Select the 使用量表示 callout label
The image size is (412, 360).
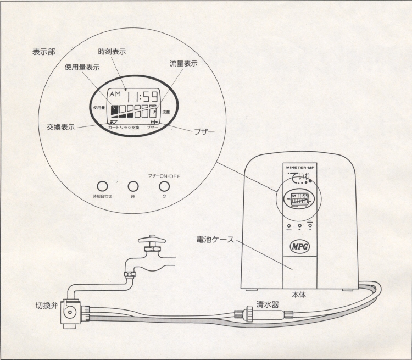(82, 68)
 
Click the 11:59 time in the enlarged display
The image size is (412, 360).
(140, 97)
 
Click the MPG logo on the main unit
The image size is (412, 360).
(299, 243)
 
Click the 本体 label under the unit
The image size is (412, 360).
(299, 295)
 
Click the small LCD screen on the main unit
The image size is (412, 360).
(299, 199)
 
